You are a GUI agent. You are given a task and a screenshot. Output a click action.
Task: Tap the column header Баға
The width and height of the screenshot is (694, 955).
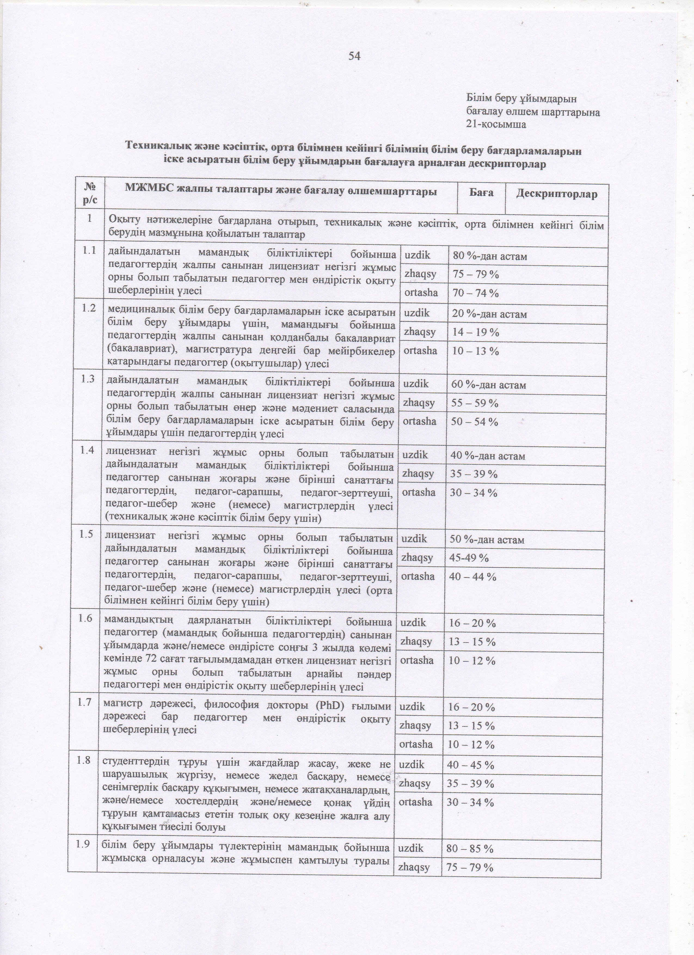481,194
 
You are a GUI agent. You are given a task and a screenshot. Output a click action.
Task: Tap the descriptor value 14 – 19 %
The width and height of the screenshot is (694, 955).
475,332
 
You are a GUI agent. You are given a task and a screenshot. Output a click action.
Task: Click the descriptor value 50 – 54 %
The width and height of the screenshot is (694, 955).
474,422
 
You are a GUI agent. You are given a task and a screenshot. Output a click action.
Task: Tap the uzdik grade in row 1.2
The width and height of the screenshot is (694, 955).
417,313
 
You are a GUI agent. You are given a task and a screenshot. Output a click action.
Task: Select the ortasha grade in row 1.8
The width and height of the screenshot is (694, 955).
416,802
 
